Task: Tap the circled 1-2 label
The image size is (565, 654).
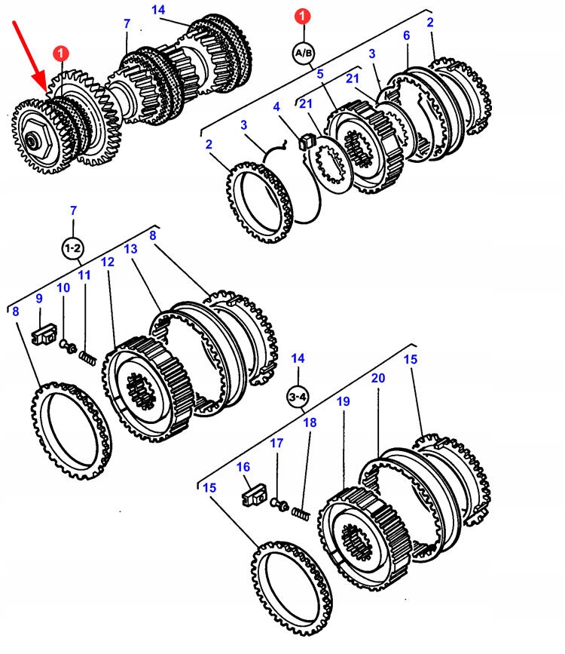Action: [x=73, y=247]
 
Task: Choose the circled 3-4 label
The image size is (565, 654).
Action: [x=299, y=395]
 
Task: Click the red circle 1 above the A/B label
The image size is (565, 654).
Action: [x=302, y=16]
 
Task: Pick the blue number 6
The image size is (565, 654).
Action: [x=406, y=35]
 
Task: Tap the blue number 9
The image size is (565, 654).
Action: [x=38, y=299]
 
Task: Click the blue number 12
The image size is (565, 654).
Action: [x=107, y=262]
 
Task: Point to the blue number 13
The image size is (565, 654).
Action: [x=130, y=249]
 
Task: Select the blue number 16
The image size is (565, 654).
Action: [x=243, y=467]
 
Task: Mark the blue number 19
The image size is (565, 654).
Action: [x=343, y=403]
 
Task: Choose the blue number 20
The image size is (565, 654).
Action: [x=377, y=377]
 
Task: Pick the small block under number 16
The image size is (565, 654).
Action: [x=252, y=497]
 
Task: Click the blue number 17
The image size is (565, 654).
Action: [x=276, y=444]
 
